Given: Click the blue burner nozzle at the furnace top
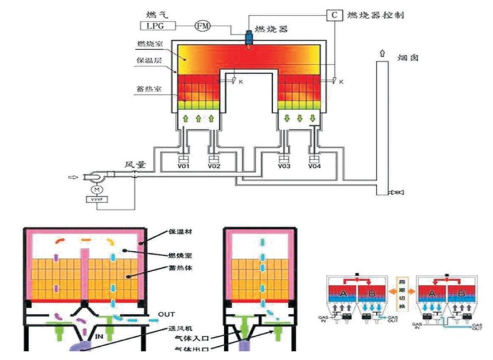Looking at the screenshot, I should [250, 38].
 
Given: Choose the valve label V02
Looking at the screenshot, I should [214, 167].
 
